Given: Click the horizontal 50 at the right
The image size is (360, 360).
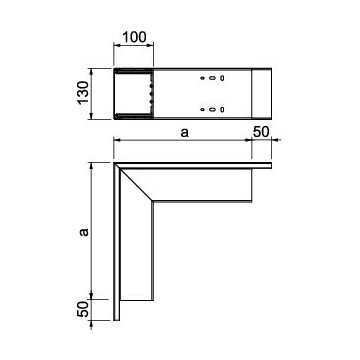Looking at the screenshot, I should pyautogui.click(x=261, y=131).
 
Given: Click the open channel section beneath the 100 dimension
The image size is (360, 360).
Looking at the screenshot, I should pyautogui.click(x=133, y=93).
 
